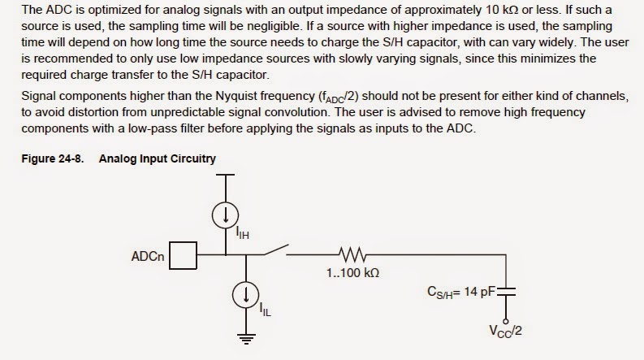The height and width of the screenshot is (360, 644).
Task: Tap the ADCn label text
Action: [x=148, y=257]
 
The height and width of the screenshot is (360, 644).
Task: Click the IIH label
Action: [x=242, y=232]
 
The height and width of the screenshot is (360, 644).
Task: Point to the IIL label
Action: [x=265, y=310]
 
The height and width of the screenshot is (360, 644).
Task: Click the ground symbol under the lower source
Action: [x=246, y=339]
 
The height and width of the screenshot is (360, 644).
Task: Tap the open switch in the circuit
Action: [x=276, y=249]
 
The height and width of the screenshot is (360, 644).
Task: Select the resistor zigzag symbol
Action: [x=352, y=254]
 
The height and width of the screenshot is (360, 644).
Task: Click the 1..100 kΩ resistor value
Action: [x=352, y=273]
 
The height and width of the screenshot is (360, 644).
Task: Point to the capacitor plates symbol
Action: [x=506, y=292]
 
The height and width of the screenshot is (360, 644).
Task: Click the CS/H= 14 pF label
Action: [x=461, y=293]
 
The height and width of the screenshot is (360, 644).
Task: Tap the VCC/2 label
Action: [x=505, y=332]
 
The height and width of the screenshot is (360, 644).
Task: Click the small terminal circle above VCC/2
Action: [x=506, y=321]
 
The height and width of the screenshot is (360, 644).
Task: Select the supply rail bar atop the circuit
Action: [x=226, y=175]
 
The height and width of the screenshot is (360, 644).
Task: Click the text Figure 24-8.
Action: [x=53, y=158]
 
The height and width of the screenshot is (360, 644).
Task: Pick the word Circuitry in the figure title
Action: [x=194, y=159]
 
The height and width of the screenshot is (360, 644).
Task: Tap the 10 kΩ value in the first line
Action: [x=502, y=10]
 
